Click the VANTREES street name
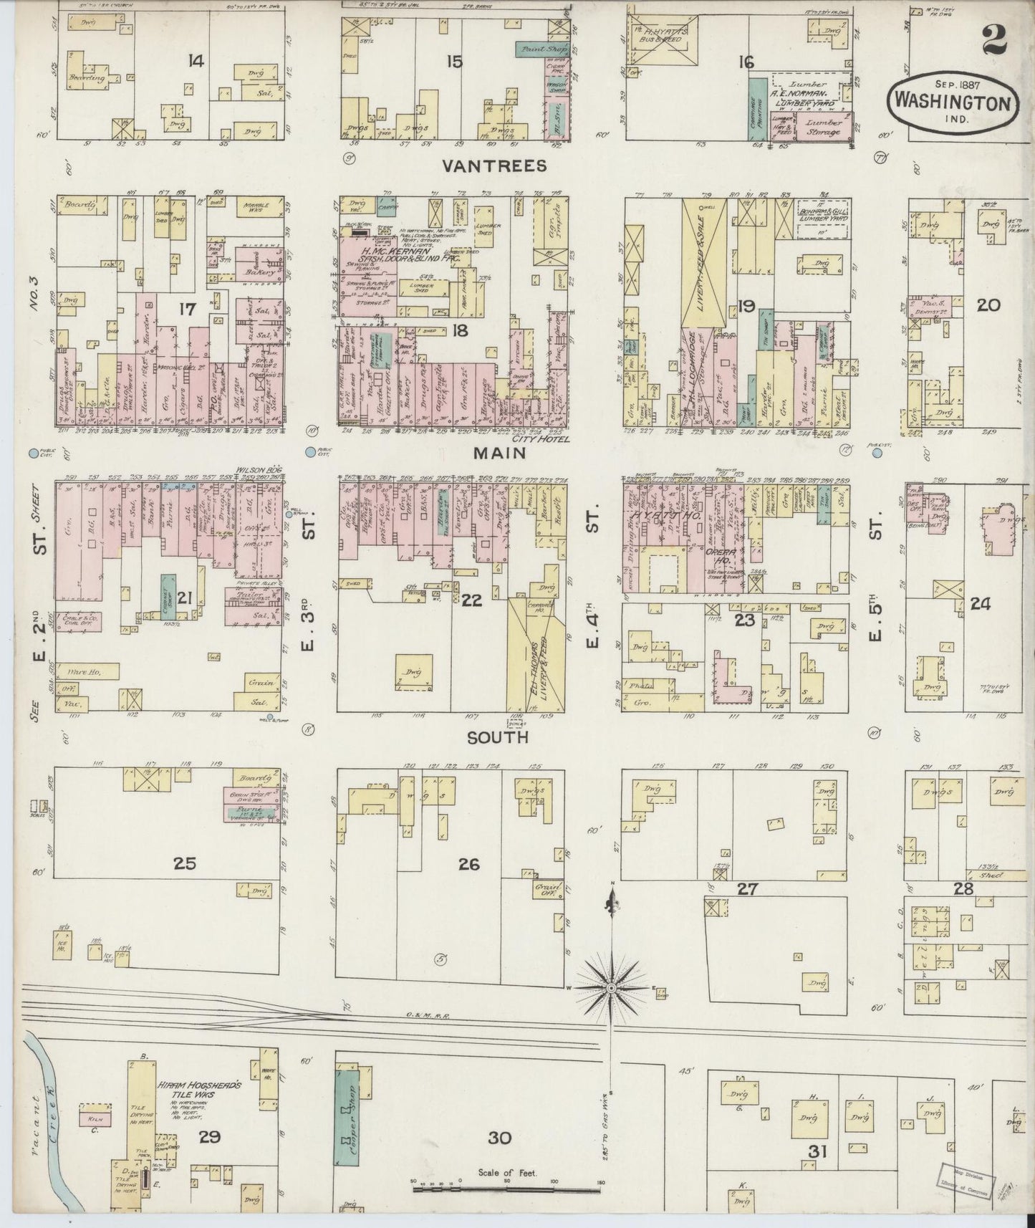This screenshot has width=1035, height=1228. [494, 166]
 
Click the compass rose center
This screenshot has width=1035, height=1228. [610, 989]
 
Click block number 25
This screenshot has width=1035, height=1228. [185, 863]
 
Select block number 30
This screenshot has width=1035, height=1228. [499, 1138]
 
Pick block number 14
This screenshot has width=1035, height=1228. [195, 62]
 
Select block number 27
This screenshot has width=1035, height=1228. [748, 889]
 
